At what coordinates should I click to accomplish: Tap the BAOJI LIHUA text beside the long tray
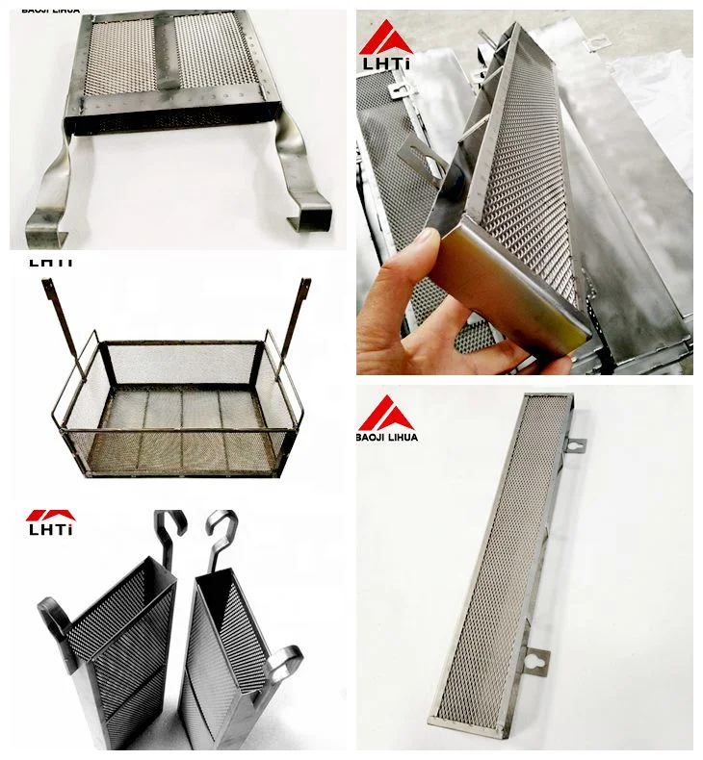pyautogui.click(x=388, y=436)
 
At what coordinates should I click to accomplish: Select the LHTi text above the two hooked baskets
pyautogui.click(x=50, y=528)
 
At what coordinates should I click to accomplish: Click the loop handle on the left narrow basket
pyautogui.click(x=54, y=616)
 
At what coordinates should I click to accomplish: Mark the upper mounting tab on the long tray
pyautogui.click(x=574, y=447)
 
